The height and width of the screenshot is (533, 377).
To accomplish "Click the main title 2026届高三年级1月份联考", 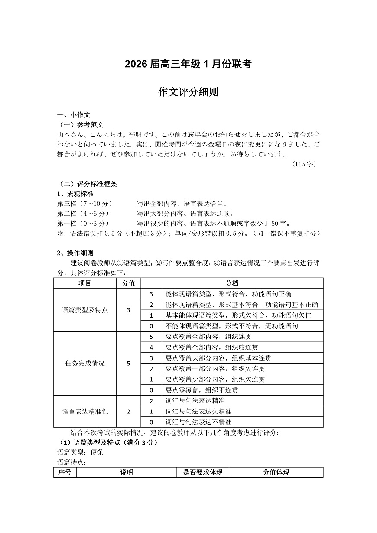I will pos(188,64).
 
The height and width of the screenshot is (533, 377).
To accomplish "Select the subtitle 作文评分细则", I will pos(188,92).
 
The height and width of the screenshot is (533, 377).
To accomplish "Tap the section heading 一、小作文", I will pos(74,115).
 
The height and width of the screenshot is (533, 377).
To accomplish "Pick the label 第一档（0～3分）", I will pos(83,223).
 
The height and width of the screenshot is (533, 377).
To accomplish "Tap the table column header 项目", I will pos(85,283).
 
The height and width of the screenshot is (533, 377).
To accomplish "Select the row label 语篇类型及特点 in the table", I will pos(85,310).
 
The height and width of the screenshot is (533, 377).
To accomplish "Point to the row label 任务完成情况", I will pos(85,363).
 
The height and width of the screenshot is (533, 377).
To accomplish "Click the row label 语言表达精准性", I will pos(85,411).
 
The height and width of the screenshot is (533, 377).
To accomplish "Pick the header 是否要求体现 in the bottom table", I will pos(203,472).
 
